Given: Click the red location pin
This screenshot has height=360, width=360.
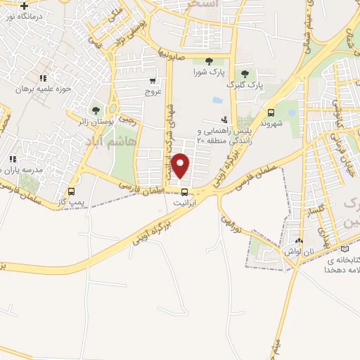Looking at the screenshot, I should coord(181,165).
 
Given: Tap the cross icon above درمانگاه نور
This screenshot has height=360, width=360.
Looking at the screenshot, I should coord(25,6).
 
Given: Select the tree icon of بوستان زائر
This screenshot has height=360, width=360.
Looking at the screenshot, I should coord(96,110).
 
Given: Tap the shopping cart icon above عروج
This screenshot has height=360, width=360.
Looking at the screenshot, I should coord(154,82).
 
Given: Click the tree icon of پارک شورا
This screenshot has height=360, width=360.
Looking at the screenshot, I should coord(208,61).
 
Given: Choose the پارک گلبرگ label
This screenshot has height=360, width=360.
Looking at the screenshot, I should coord(245,84).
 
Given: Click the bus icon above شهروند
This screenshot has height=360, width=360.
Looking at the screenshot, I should coord(271,112).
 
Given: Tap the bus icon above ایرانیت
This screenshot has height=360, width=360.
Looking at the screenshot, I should coord(184,192).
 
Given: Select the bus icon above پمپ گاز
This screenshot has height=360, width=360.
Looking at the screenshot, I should coord(71,191).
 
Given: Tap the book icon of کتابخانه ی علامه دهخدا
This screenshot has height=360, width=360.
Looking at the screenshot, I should coord(344,248).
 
